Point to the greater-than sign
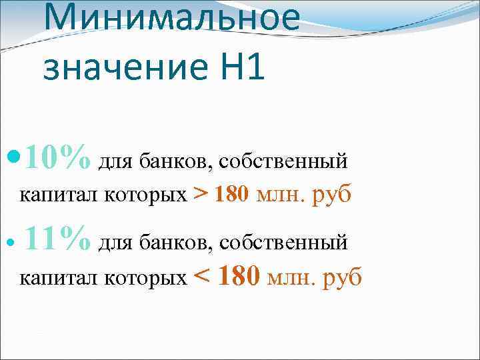[x=199, y=195]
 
